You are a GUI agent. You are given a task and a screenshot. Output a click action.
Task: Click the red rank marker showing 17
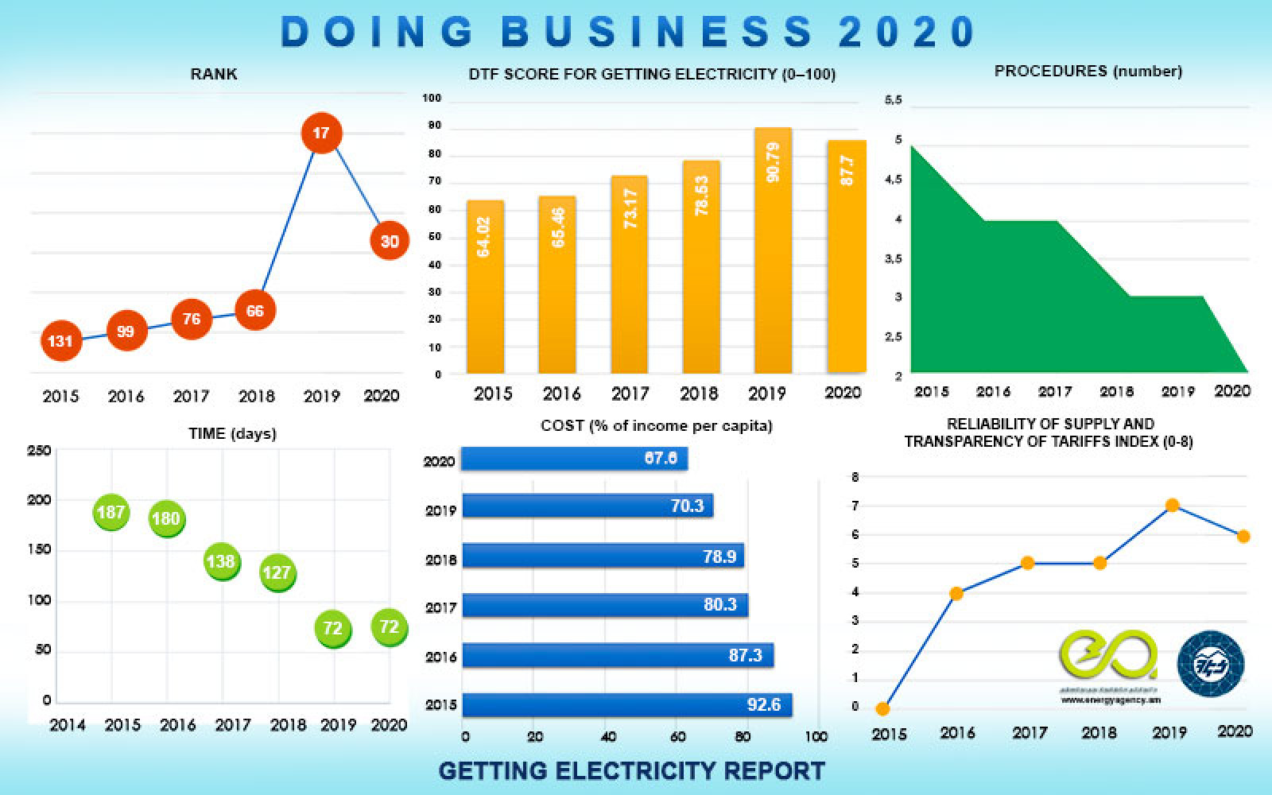(x=321, y=133)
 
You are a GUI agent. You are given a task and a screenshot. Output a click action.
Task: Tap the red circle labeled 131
(x=60, y=341)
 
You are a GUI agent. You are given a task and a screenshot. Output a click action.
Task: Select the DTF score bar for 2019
(x=773, y=250)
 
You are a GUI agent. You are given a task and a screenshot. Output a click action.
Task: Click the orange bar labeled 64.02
(x=484, y=286)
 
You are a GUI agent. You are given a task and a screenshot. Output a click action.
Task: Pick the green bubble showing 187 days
(x=111, y=512)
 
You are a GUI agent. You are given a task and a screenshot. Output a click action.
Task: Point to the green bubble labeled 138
(x=221, y=561)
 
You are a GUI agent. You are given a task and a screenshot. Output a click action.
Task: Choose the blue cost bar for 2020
(x=574, y=459)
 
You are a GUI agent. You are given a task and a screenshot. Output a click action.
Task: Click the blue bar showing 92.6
(x=626, y=704)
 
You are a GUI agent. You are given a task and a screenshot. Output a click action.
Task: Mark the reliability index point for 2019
(x=1172, y=506)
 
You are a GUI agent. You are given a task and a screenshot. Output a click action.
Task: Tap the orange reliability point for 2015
(x=882, y=708)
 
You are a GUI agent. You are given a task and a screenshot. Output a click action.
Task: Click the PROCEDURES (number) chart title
(x=1088, y=72)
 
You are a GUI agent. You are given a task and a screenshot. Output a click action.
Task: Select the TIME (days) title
(x=232, y=434)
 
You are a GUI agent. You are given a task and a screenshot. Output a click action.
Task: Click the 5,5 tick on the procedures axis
(x=894, y=100)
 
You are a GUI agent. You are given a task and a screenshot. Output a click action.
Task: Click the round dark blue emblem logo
(x=1210, y=664)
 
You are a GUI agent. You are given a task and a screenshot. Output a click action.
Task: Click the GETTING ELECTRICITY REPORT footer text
(x=631, y=770)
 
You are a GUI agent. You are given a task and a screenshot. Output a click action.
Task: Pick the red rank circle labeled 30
(x=390, y=241)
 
